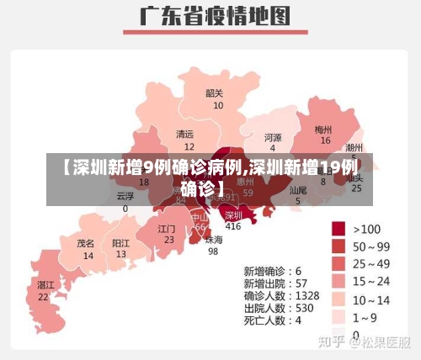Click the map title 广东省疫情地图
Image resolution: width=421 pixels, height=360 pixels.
214,18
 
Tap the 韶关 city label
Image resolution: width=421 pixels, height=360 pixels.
215,93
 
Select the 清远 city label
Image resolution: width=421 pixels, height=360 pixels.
184,135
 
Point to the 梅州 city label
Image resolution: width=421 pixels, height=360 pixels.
323,130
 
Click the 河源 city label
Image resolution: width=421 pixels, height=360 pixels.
273,137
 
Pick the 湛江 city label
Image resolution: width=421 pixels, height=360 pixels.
45,285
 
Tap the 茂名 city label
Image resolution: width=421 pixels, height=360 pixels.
86,242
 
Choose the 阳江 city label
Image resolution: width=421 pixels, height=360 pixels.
121,242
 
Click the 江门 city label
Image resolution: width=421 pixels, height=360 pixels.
167,228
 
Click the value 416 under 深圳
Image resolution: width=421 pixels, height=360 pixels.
232,226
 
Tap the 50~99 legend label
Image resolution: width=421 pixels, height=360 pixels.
371,246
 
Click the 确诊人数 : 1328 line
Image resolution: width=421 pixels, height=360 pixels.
281,295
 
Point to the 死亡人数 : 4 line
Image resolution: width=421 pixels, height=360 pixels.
271,320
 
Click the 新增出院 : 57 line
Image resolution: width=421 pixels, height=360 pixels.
273,283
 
